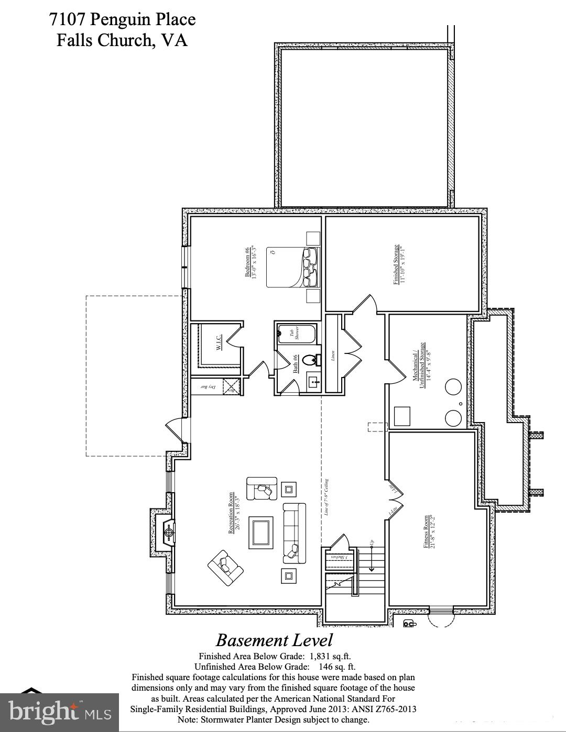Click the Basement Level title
pyautogui.click(x=274, y=640)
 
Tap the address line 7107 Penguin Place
pyautogui.click(x=122, y=19)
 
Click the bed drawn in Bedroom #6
pyautogui.click(x=292, y=267)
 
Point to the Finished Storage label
pyautogui.click(x=399, y=264)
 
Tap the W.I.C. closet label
pyautogui.click(x=220, y=343)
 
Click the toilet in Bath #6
pyautogui.click(x=311, y=360)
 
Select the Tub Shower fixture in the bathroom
pyautogui.click(x=295, y=332)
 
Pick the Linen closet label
pyautogui.click(x=332, y=354)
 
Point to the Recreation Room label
pyautogui.click(x=233, y=515)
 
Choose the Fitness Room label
pyautogui.click(x=428, y=531)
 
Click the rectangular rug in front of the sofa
pyautogui.click(x=261, y=532)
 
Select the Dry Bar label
pyautogui.click(x=208, y=387)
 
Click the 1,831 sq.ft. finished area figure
pyautogui.click(x=331, y=656)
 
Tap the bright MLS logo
pyautogui.click(x=60, y=712)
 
